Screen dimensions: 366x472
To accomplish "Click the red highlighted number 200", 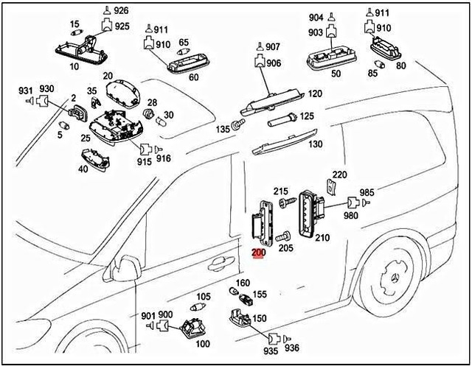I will pos(258,253).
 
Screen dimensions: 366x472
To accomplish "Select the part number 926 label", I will pos(121,10).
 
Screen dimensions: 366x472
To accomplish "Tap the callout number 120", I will pos(315,94).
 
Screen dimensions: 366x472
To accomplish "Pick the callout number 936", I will pos(293,348).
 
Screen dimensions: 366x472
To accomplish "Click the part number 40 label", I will pos(83,169).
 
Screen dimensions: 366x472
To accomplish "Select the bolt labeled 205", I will pos(282,237).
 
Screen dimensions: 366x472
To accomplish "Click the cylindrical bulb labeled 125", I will pos(280,117).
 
